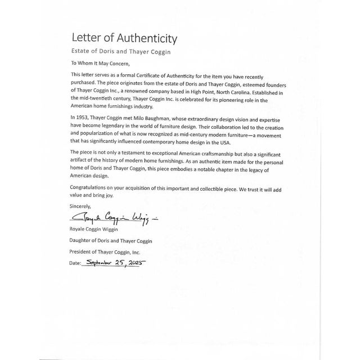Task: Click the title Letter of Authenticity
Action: pos(124,39)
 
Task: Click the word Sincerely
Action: pos(80,206)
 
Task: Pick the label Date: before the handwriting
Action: pos(76,263)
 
